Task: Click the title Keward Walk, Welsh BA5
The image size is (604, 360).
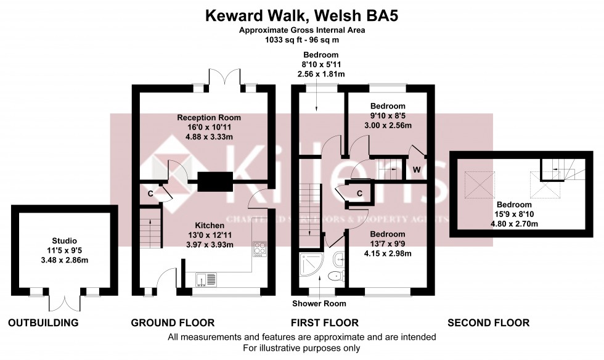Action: click(x=301, y=15)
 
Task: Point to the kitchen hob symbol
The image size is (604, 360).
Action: click(x=259, y=250)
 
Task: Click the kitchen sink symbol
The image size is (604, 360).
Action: click(x=206, y=279)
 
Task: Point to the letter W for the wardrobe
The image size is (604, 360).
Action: click(x=417, y=169)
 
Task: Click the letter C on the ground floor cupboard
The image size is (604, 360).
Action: click(x=150, y=194)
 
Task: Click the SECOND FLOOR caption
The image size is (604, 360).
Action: click(x=488, y=322)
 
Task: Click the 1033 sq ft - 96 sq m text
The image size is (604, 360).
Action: click(x=301, y=39)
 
